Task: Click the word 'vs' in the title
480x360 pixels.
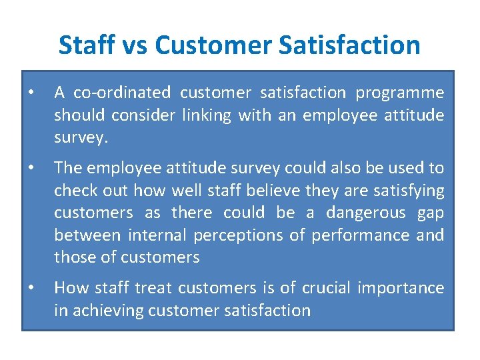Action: [x=135, y=45]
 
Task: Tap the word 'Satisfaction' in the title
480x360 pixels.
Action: [x=349, y=45]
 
